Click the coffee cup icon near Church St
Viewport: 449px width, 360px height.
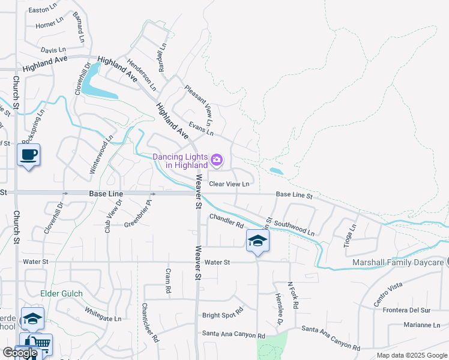coord(28,155)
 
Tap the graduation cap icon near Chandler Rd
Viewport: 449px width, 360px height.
coord(258,241)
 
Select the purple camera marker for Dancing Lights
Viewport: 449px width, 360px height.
coord(217,160)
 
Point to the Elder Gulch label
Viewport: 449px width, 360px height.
coord(61,293)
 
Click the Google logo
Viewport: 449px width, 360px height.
coord(20,353)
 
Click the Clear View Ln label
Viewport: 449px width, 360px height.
coord(229,184)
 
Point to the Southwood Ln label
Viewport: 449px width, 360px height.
coord(294,229)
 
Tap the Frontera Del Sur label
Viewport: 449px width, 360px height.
coord(408,310)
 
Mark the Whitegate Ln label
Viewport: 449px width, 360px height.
coord(103,314)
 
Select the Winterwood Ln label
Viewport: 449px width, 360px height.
coord(101,155)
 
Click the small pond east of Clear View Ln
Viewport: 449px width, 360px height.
coord(276,171)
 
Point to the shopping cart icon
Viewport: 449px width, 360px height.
coord(40,344)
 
